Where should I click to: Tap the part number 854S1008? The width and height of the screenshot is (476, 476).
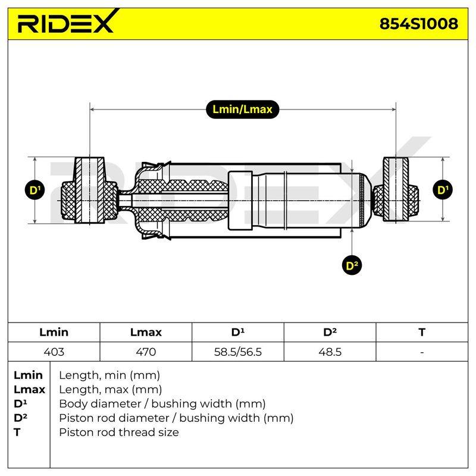click(419, 23)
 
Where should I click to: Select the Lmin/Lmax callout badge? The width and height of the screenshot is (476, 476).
click(242, 109)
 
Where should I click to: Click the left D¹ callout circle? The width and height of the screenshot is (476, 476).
click(35, 190)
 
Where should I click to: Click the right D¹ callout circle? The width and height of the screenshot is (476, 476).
click(443, 190)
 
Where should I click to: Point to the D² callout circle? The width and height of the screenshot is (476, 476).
click(352, 265)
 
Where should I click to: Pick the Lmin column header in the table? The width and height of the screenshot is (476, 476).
click(54, 332)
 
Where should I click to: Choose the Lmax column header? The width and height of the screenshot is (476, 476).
click(146, 332)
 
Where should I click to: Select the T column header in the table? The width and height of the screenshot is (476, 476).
click(422, 332)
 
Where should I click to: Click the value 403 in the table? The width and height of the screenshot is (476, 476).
click(54, 352)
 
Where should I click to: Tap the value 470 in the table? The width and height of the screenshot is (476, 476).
click(146, 352)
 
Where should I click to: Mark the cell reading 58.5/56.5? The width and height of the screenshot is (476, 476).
click(237, 352)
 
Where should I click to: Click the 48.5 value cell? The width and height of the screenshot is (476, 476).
click(330, 352)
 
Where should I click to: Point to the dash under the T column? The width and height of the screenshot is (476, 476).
click(422, 352)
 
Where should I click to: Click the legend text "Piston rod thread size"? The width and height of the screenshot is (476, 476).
click(118, 433)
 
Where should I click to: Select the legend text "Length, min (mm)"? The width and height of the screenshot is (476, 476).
click(109, 375)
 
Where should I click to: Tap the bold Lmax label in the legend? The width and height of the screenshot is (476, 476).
click(29, 390)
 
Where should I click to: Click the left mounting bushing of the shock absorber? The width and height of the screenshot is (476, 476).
click(90, 190)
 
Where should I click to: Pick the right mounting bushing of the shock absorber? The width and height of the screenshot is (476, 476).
click(396, 189)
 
